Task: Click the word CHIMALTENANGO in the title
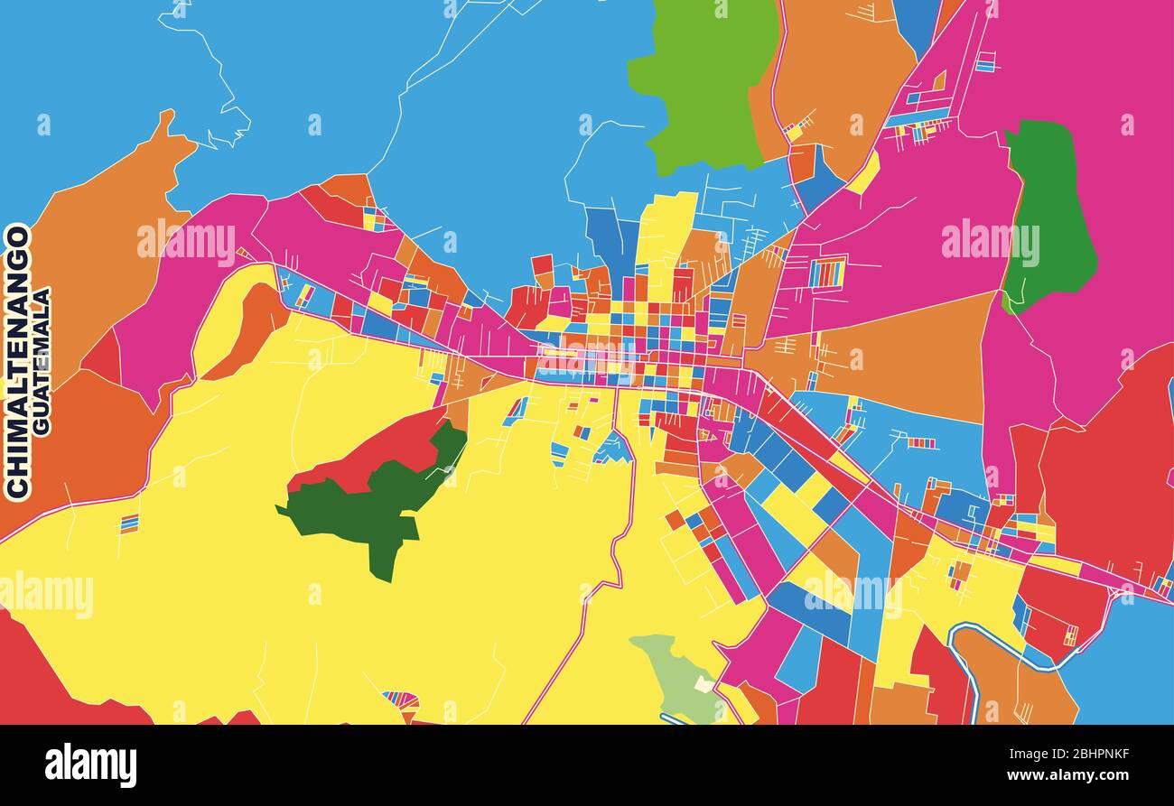pos(18,361)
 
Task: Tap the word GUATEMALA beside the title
pos(42,361)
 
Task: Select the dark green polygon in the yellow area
pos(379,505)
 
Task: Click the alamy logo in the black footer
pos(90,765)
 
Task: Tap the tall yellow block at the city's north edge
pos(664,235)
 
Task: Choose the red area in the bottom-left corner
pos(36,677)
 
